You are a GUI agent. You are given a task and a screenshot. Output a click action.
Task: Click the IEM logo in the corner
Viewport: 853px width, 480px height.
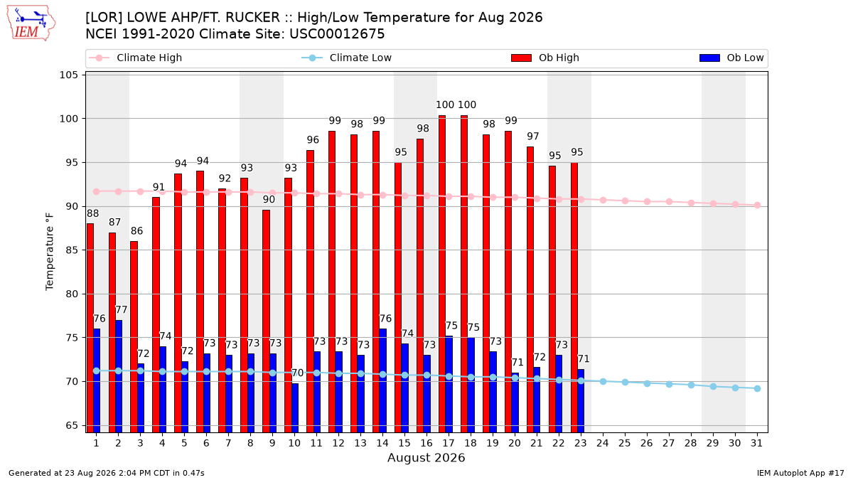tap(31, 23)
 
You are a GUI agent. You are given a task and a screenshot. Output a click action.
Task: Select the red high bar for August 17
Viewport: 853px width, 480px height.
tap(441, 274)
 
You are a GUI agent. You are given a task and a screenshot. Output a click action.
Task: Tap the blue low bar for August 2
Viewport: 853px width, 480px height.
tap(119, 376)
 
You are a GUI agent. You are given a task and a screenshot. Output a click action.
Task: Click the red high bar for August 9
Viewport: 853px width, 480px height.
tap(266, 321)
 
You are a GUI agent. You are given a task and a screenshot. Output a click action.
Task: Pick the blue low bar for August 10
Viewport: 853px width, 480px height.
tap(295, 408)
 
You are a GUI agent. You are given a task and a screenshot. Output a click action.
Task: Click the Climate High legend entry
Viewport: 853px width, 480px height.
tap(135, 58)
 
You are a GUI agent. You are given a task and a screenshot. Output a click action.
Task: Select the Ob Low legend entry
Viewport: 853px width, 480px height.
tap(731, 58)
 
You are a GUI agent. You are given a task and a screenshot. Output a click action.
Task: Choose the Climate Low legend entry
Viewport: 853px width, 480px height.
tap(346, 58)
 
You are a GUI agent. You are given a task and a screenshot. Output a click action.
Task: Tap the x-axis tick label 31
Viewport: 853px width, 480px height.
tap(756, 443)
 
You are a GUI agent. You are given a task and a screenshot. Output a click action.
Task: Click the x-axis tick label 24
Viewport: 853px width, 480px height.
tap(603, 443)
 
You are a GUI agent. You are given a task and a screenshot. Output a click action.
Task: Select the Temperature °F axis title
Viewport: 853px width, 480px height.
tap(50, 252)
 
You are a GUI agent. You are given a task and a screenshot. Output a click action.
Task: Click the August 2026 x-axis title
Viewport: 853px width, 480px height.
tap(426, 457)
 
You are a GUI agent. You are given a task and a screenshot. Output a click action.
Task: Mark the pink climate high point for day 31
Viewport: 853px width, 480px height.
tap(758, 206)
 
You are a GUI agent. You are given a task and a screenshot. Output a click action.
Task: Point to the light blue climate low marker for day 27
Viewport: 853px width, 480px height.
tap(669, 385)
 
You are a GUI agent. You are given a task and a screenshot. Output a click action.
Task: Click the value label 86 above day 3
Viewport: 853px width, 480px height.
tap(136, 231)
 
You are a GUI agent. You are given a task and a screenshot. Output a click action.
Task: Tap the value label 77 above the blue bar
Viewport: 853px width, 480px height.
tap(121, 310)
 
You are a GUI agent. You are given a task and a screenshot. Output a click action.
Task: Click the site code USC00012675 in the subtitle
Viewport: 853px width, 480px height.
tap(337, 34)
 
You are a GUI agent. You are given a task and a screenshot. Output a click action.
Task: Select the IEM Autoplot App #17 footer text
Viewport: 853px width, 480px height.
tap(800, 473)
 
